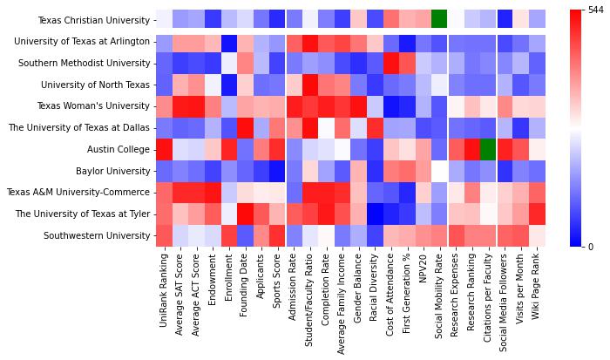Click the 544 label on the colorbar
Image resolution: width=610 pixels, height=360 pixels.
click(x=596, y=10)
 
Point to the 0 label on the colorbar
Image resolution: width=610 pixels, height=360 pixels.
click(x=592, y=247)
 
